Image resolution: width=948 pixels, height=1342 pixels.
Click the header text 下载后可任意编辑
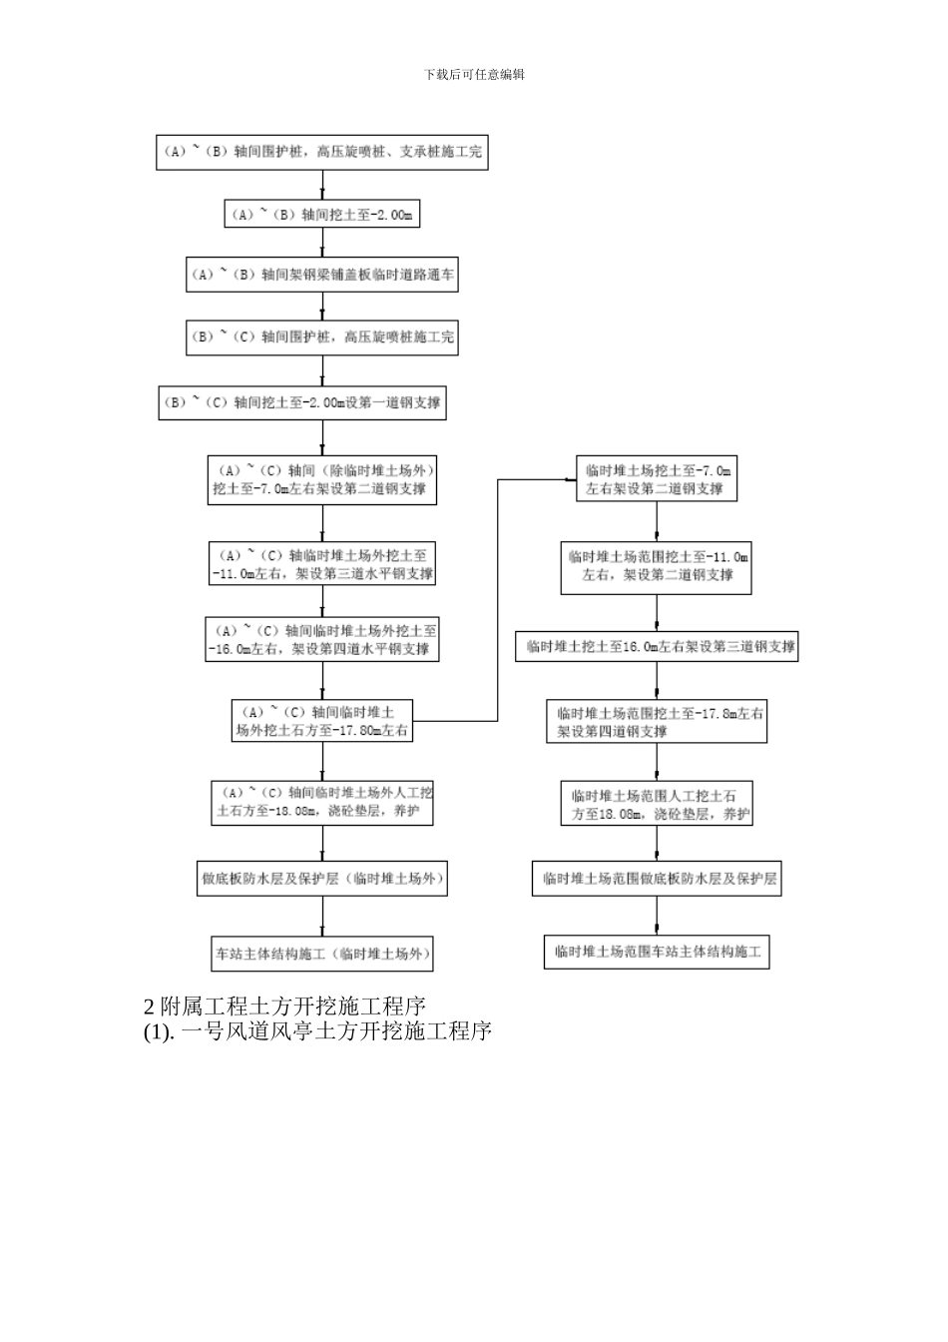tap(474, 74)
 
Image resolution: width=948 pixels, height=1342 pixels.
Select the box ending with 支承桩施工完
tap(322, 152)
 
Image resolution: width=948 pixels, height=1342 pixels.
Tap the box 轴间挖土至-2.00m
tap(321, 215)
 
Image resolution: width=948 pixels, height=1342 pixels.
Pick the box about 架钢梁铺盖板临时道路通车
tap(322, 275)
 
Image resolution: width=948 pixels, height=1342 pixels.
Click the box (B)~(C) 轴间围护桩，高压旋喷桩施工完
tap(322, 337)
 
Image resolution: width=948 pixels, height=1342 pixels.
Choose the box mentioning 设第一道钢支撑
tap(302, 403)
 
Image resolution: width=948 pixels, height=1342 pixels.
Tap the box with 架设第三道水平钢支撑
tap(322, 565)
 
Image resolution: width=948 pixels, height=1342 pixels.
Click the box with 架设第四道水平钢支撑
tap(322, 640)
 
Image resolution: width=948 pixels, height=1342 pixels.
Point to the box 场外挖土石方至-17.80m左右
tap(321, 721)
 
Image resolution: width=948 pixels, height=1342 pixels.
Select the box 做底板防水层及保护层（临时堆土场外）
tap(321, 880)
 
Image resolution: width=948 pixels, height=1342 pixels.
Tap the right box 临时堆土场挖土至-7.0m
tap(657, 480)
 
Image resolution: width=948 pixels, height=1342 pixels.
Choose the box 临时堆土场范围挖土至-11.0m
tap(656, 566)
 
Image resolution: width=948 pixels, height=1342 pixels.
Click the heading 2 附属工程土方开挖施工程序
tap(285, 1005)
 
